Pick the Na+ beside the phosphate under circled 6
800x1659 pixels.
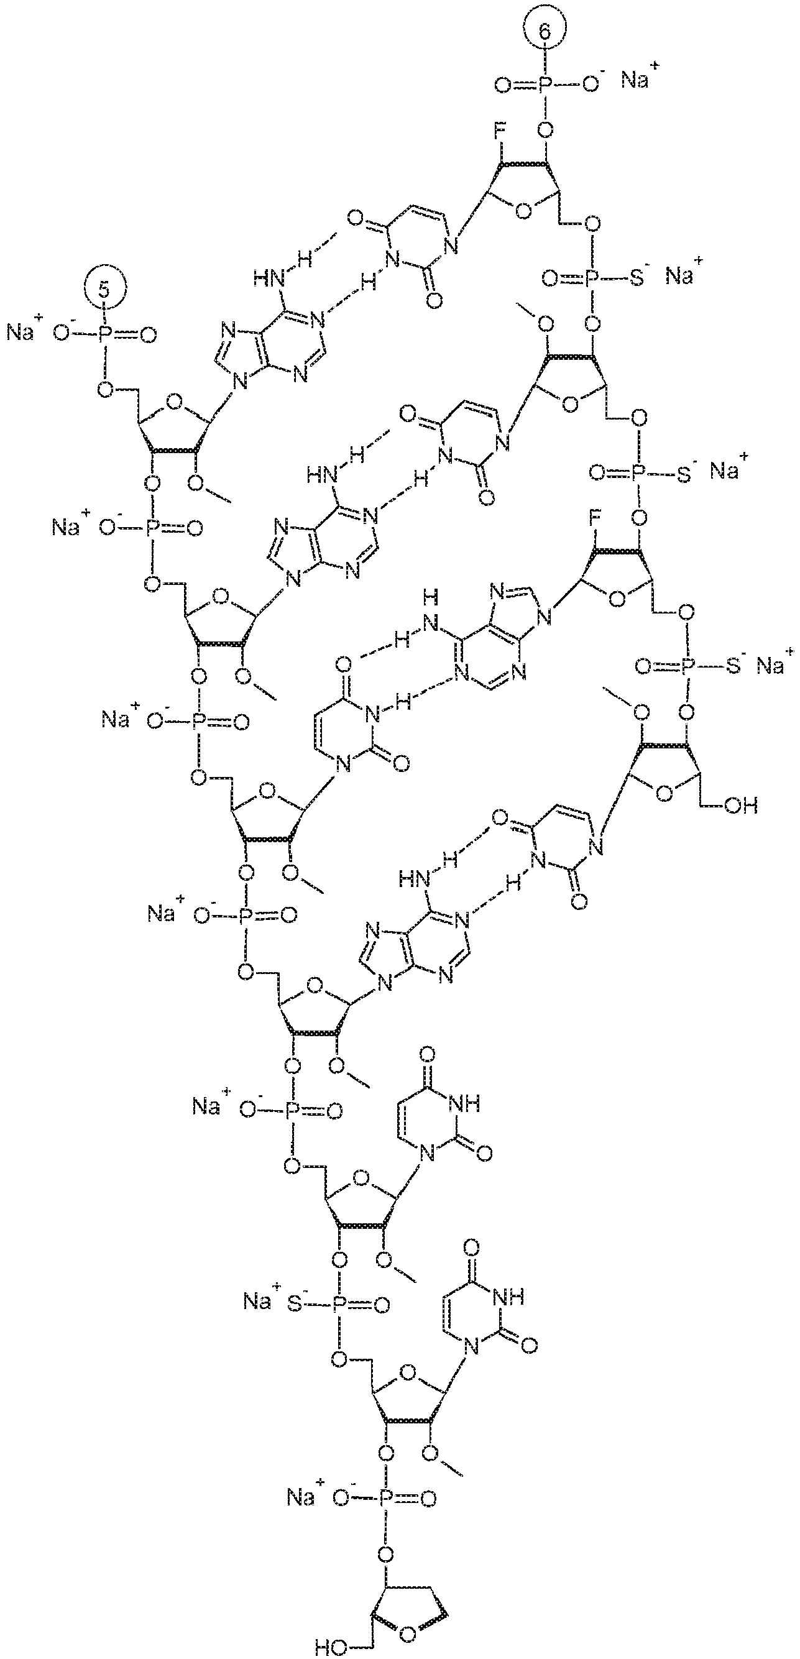tap(637, 79)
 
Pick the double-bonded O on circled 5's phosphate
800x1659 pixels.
tap(148, 334)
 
